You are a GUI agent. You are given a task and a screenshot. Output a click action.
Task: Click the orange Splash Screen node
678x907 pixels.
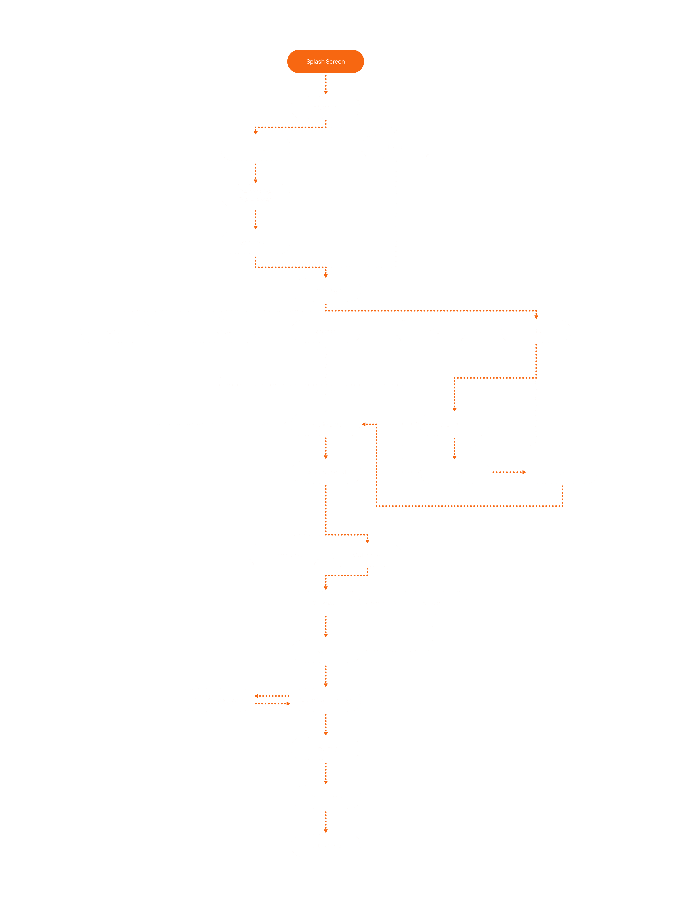pos(325,61)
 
